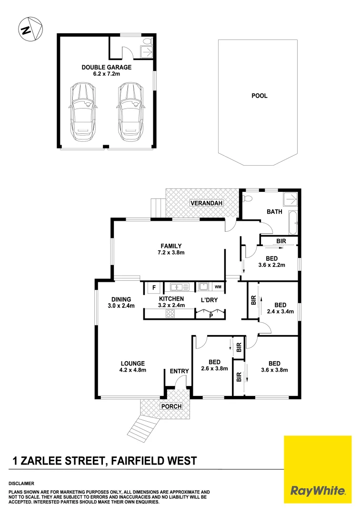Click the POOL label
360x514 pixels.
pos(260,96)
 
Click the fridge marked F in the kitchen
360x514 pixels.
pos(154,287)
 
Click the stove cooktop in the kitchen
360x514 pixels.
pos(171,313)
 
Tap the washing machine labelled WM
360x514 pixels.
pos(218,287)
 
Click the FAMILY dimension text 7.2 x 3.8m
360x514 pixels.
pos(171,253)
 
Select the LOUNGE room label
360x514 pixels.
pos(133,363)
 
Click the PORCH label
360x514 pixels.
pos(171,406)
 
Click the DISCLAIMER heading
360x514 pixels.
pos(21,483)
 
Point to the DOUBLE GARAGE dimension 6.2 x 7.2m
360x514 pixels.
pos(106,74)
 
